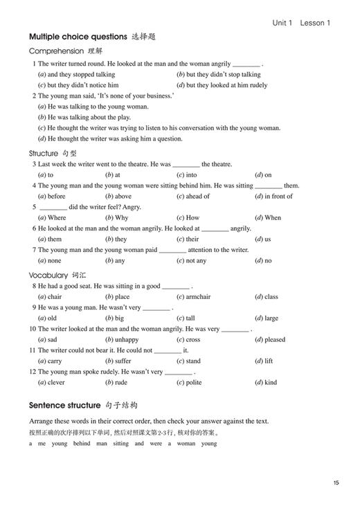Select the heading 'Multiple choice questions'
(x=78, y=36)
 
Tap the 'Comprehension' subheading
(x=55, y=51)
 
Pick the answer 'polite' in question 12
(x=194, y=382)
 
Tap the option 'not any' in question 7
(x=197, y=260)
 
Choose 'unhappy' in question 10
(x=127, y=339)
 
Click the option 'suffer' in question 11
(x=123, y=361)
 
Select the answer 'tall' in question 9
(x=190, y=318)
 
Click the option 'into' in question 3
(x=192, y=175)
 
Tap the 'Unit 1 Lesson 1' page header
(x=301, y=22)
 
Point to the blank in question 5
(x=53, y=207)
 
